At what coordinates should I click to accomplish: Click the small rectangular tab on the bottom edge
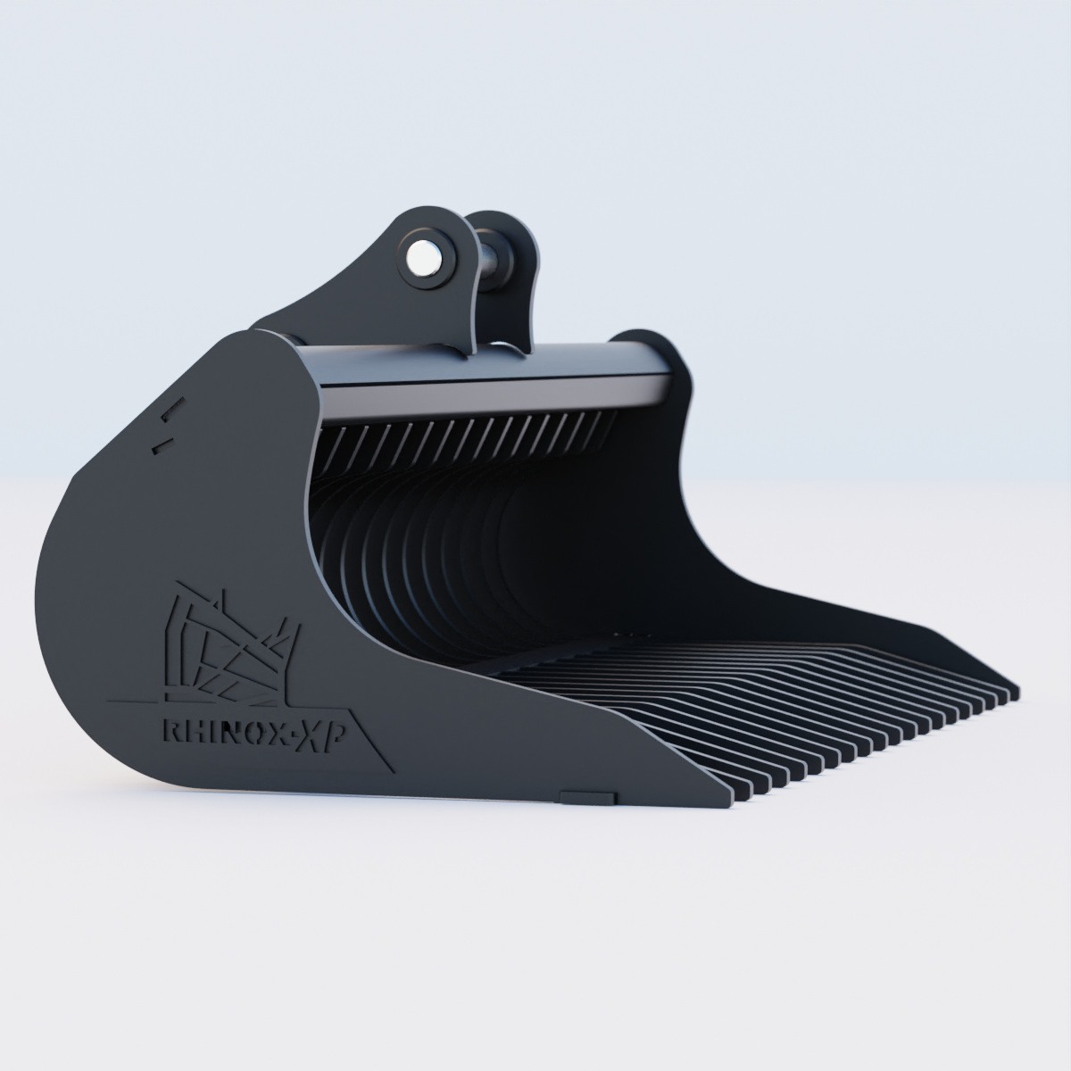coord(588,793)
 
